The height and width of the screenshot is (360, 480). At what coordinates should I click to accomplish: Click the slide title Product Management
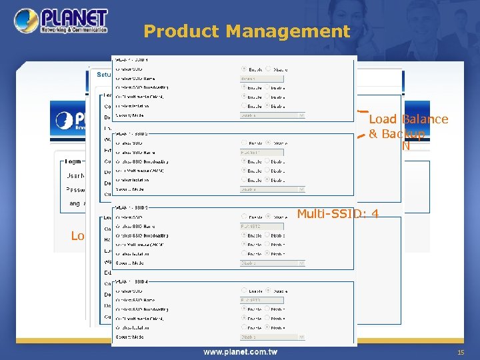tap(247, 31)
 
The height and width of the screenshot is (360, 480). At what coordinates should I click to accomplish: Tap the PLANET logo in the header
tap(60, 21)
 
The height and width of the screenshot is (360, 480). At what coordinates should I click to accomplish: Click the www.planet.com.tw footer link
tap(240, 352)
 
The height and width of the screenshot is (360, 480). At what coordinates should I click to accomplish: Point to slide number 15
tap(460, 352)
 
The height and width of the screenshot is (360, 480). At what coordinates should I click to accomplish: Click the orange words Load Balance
tap(408, 119)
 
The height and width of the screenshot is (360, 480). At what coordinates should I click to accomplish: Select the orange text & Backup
tap(397, 134)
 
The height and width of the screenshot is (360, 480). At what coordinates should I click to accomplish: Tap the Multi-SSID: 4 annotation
tap(338, 213)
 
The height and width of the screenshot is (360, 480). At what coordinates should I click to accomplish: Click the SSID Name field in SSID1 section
tap(261, 77)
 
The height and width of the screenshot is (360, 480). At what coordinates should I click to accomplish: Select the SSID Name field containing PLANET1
tap(261, 152)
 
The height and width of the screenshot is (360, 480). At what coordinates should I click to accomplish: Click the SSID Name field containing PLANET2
tap(261, 226)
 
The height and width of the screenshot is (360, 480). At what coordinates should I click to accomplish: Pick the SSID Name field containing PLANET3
tap(261, 300)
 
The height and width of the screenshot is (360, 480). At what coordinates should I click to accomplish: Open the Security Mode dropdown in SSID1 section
tap(272, 115)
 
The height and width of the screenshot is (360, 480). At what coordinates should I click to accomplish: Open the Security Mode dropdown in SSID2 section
tap(272, 189)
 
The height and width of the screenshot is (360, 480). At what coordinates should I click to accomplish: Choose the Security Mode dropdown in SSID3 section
tap(272, 263)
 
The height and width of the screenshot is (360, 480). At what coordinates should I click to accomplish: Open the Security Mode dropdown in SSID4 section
tap(272, 337)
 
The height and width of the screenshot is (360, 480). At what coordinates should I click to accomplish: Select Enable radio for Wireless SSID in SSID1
tap(243, 68)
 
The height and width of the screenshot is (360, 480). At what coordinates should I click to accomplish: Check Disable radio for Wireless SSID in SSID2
tap(268, 142)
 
